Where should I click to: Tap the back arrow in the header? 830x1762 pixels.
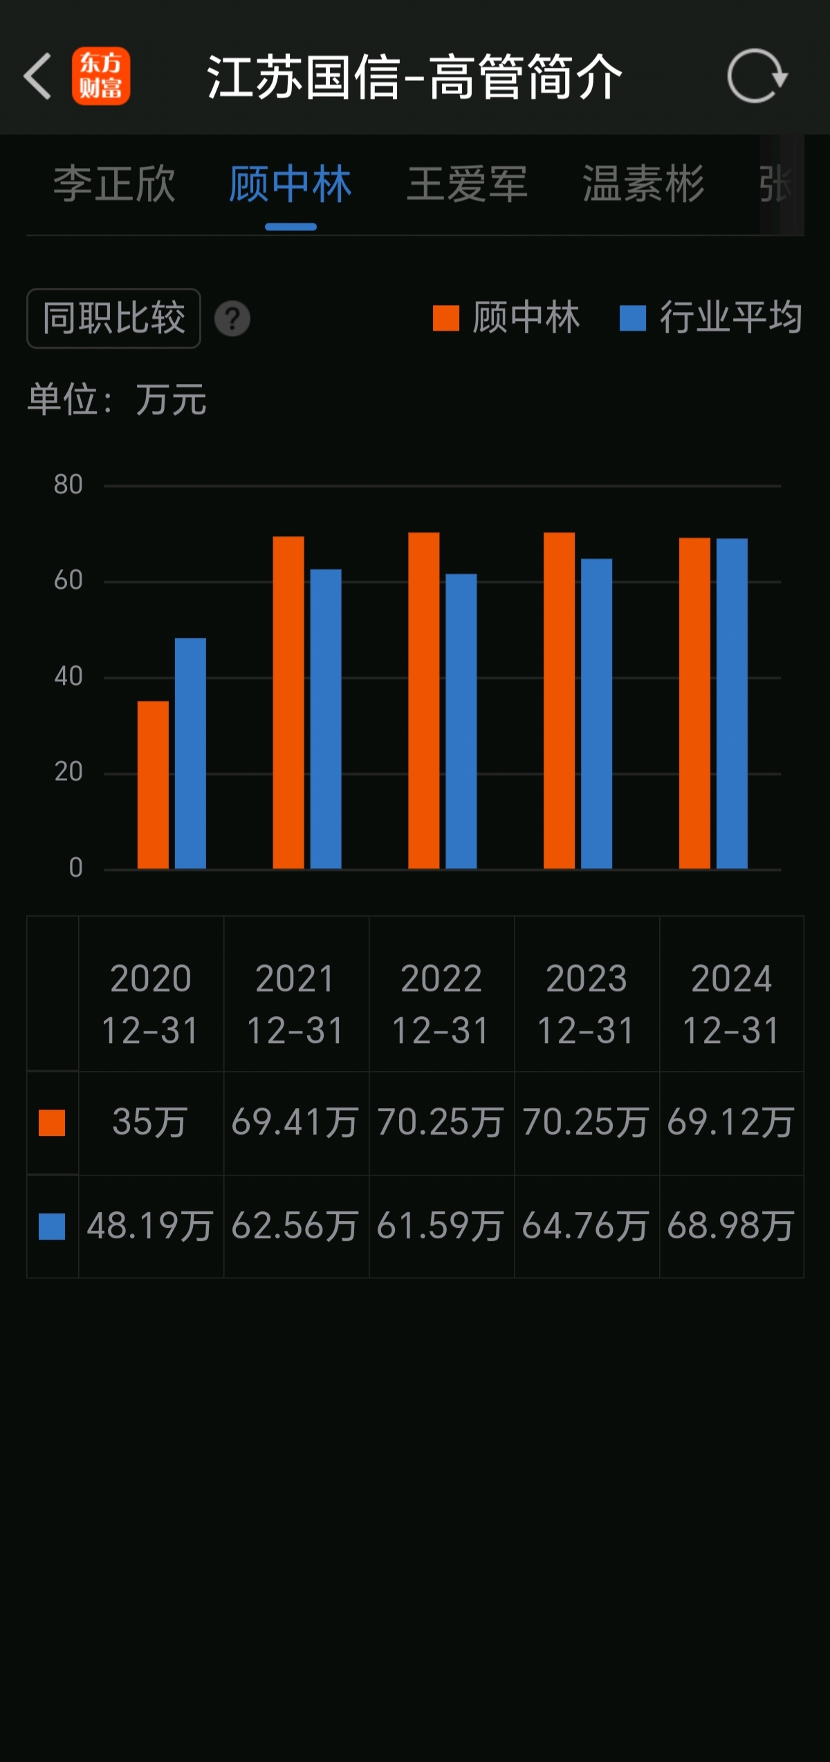(38, 76)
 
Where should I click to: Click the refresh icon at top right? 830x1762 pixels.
(757, 76)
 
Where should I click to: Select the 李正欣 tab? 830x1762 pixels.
(115, 185)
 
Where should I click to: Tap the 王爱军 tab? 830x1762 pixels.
(468, 185)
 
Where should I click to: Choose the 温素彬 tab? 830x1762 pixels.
(643, 185)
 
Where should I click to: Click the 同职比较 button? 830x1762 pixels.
(114, 318)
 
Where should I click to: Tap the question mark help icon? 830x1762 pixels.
(232, 319)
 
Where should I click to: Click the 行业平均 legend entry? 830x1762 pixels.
(711, 318)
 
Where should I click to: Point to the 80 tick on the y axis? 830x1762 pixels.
(68, 485)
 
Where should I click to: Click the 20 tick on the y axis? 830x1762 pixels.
(68, 772)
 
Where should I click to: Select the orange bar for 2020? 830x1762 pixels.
(153, 784)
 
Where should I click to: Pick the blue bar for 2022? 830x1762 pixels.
(461, 721)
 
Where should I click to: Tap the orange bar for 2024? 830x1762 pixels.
(694, 703)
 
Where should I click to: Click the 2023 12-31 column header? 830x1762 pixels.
(586, 1004)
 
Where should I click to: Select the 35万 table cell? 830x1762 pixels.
(150, 1122)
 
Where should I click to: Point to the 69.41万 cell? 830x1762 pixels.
(295, 1122)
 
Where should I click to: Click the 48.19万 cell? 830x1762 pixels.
(150, 1227)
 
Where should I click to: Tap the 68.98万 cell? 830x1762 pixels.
(731, 1227)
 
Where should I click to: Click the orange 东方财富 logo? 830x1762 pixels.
(101, 76)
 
